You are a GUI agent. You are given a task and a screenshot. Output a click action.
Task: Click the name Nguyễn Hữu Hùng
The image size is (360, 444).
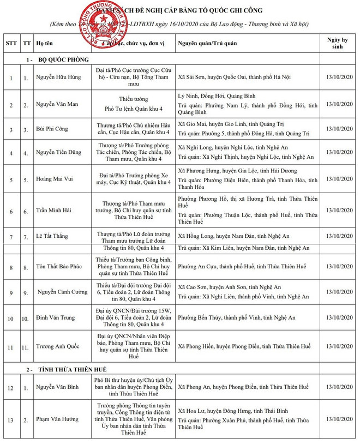point(58,77)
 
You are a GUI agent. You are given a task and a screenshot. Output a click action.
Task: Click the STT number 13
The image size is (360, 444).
point(10,419)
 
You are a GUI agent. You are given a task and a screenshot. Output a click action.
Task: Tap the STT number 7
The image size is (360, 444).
point(10,237)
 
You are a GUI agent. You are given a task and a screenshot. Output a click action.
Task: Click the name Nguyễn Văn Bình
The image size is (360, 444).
point(58,387)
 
